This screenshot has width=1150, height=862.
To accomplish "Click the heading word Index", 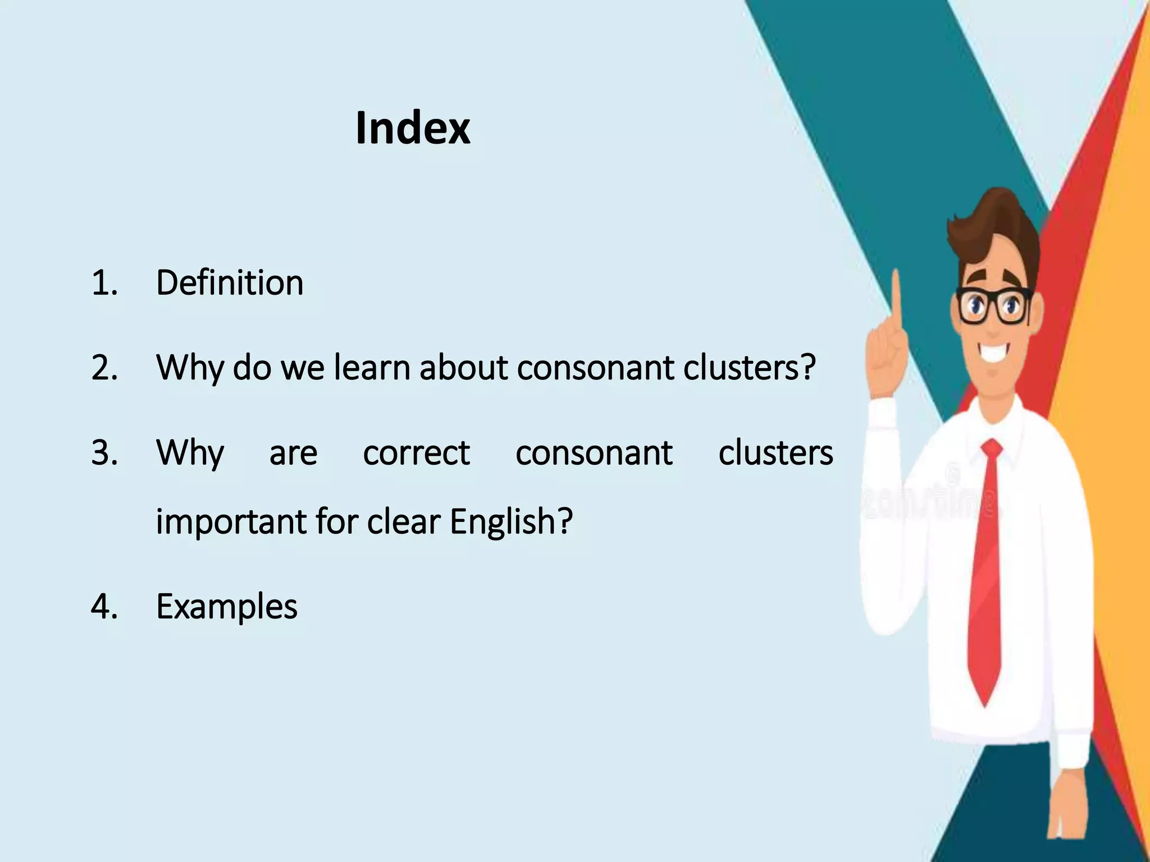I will (413, 129).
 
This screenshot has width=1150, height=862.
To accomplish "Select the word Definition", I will (230, 282).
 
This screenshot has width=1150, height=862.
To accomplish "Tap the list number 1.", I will (104, 282).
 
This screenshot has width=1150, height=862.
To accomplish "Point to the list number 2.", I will (104, 368).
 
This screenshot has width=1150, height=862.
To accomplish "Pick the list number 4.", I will (104, 607).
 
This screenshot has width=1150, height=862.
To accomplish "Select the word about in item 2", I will (463, 368).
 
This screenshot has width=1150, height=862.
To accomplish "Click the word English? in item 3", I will (511, 521).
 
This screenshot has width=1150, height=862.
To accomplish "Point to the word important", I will (231, 521).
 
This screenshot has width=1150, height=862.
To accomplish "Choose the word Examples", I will (227, 607).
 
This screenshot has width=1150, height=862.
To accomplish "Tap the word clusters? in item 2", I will (749, 368).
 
